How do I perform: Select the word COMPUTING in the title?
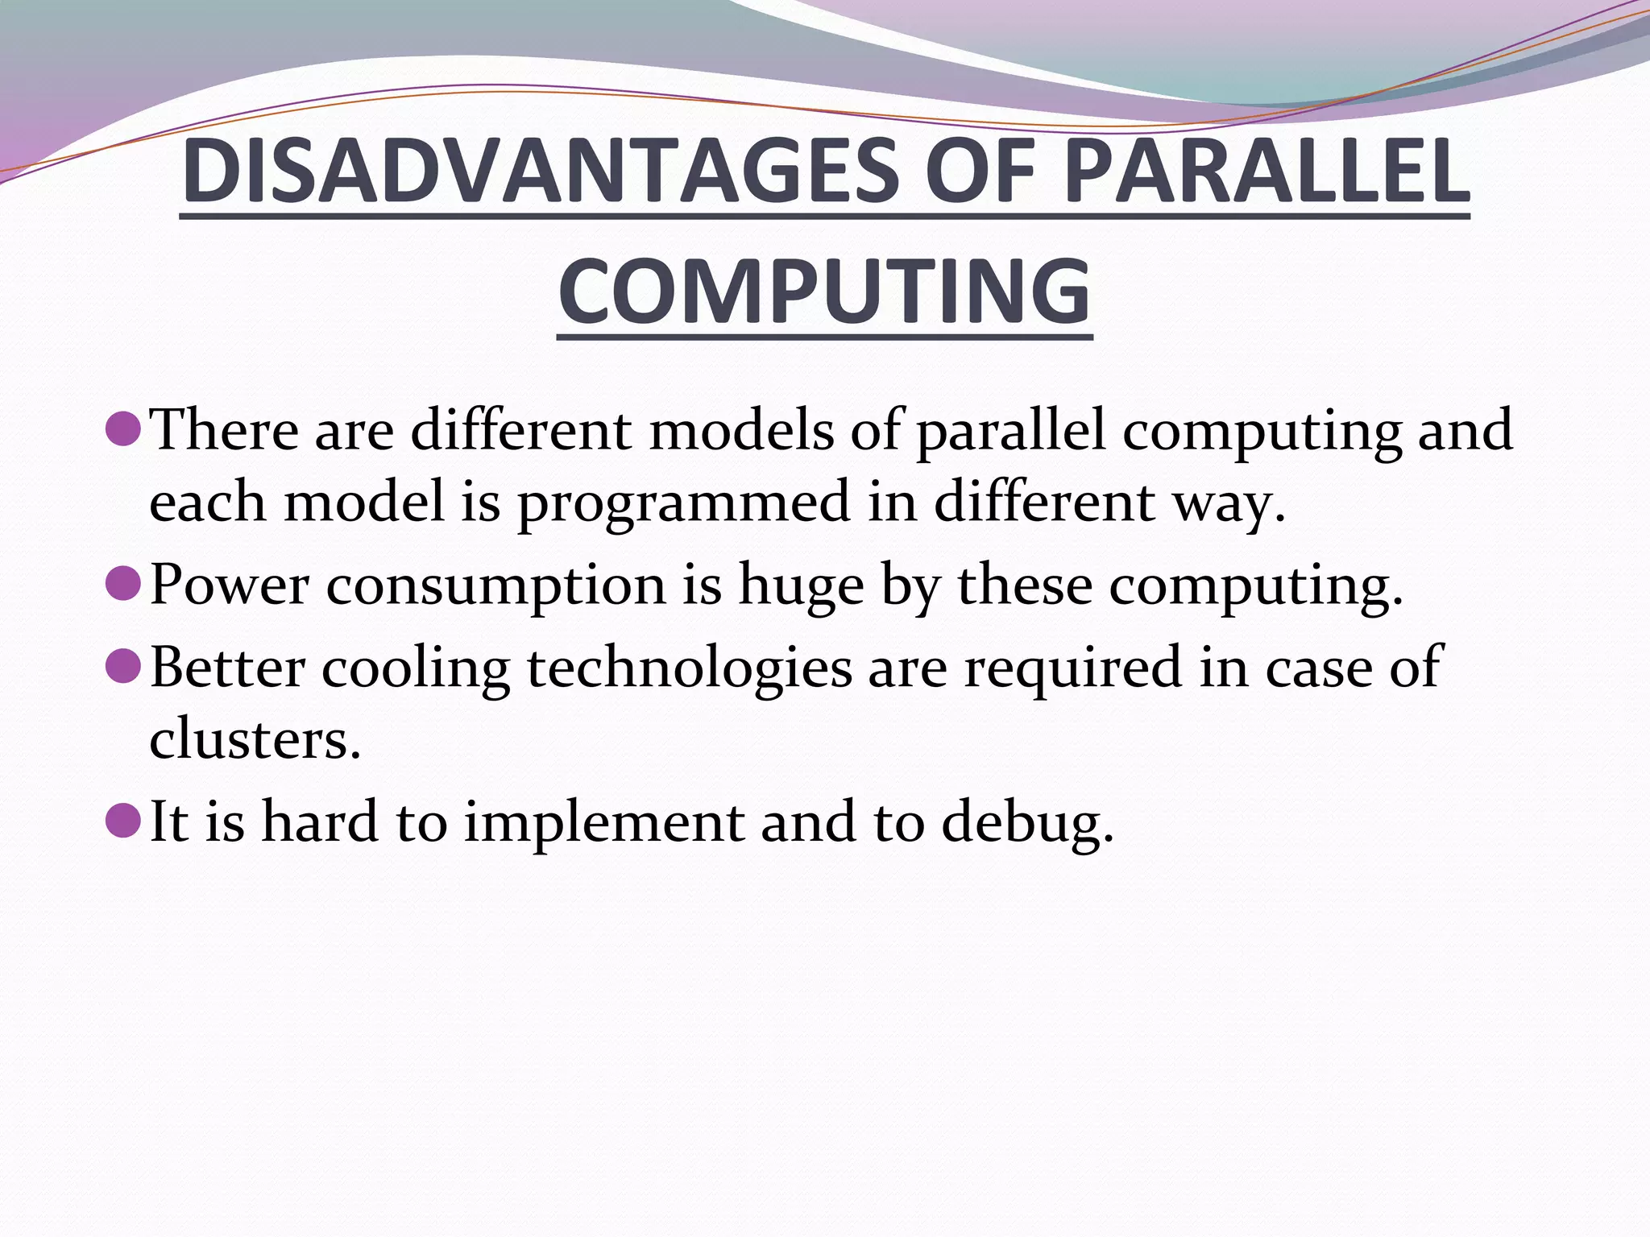coord(824,292)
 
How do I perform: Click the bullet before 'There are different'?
coord(124,428)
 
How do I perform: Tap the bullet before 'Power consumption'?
coord(124,582)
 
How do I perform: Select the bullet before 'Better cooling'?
coord(124,665)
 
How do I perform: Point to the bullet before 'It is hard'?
coord(124,821)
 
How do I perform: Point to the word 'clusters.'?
coord(255,738)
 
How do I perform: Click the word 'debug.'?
coord(1028,824)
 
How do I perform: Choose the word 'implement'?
coord(604,824)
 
